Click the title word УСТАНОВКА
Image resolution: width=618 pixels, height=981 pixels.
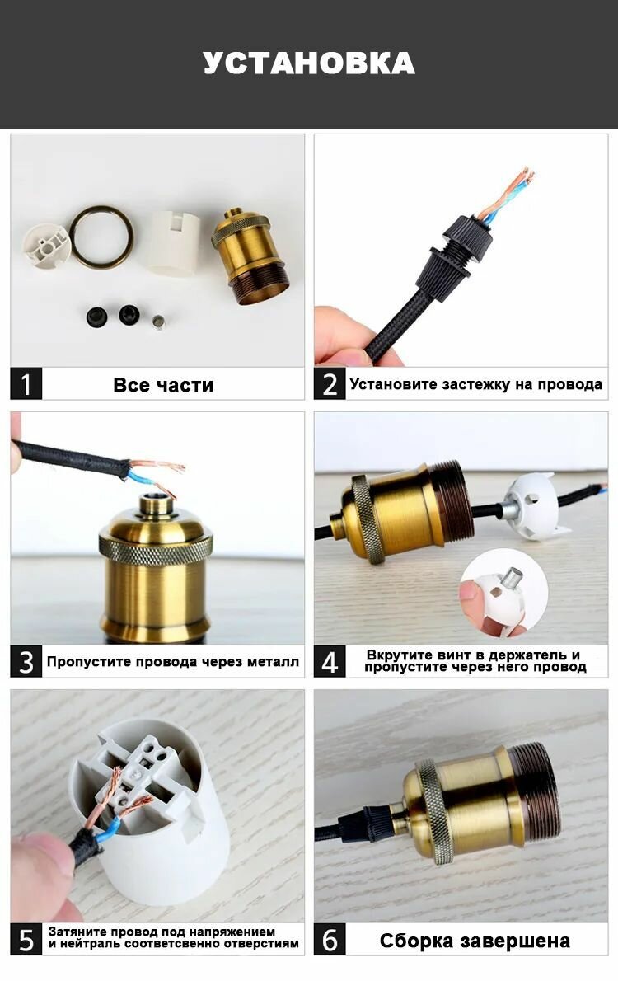(x=309, y=63)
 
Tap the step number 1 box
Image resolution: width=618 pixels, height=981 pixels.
(x=26, y=383)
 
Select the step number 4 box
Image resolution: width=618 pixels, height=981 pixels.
(x=330, y=661)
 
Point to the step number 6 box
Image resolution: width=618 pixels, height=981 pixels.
(x=330, y=939)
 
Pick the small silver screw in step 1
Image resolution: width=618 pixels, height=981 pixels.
(x=159, y=322)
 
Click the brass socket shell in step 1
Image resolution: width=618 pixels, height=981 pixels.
(x=250, y=256)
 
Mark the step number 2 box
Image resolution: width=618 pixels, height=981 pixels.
(x=330, y=383)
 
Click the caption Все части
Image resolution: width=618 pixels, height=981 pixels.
(x=163, y=385)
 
